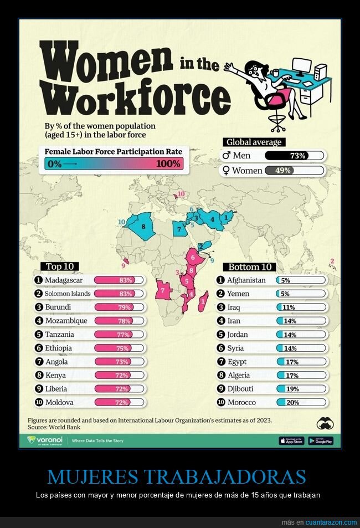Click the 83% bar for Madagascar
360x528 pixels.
point(119,280)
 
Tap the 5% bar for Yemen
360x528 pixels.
point(301,294)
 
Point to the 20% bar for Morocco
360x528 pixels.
point(301,402)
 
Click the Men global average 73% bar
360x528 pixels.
point(295,156)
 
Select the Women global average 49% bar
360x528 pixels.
point(295,171)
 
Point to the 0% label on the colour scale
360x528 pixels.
point(55,164)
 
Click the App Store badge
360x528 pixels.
point(291,441)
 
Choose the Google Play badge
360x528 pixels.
point(321,441)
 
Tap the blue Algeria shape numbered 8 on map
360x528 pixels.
point(142,227)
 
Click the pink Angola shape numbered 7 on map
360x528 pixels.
point(163,290)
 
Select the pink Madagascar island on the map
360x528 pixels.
point(203,300)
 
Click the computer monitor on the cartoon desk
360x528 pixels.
point(302,66)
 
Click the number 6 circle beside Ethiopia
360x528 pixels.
point(38,348)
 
